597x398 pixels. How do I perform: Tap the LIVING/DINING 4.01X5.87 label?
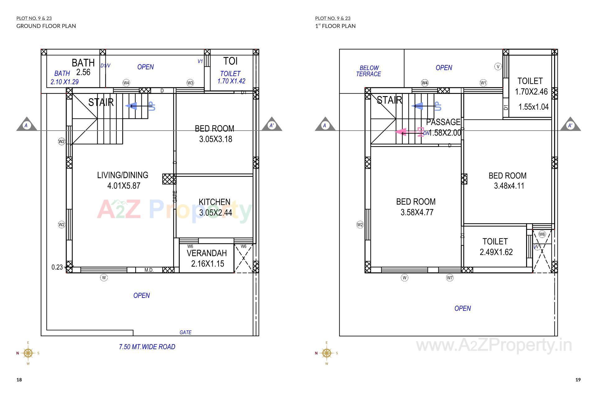point(123,180)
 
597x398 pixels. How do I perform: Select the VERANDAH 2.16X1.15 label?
point(207,258)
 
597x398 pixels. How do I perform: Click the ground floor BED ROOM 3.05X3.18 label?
point(215,134)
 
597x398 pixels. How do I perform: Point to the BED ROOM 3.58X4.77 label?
point(416,207)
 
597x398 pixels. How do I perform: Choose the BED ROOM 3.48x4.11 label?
point(508,181)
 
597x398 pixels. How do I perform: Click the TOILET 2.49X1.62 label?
point(496,247)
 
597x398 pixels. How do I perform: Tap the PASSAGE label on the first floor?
point(443,122)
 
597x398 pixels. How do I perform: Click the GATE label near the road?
point(185,332)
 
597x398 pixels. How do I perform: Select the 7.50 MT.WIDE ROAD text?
point(147,347)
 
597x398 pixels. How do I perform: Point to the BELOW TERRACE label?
point(369,71)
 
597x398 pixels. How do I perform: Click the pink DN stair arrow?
point(404,132)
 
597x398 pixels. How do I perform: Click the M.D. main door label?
point(149,270)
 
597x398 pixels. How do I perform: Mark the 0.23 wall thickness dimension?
point(57,267)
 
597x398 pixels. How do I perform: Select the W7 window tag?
point(450,278)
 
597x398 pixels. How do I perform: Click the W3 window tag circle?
point(190,83)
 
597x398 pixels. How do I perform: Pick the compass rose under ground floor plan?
point(28,353)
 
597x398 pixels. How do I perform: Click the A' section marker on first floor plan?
point(570,125)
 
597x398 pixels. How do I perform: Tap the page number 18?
point(19,380)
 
